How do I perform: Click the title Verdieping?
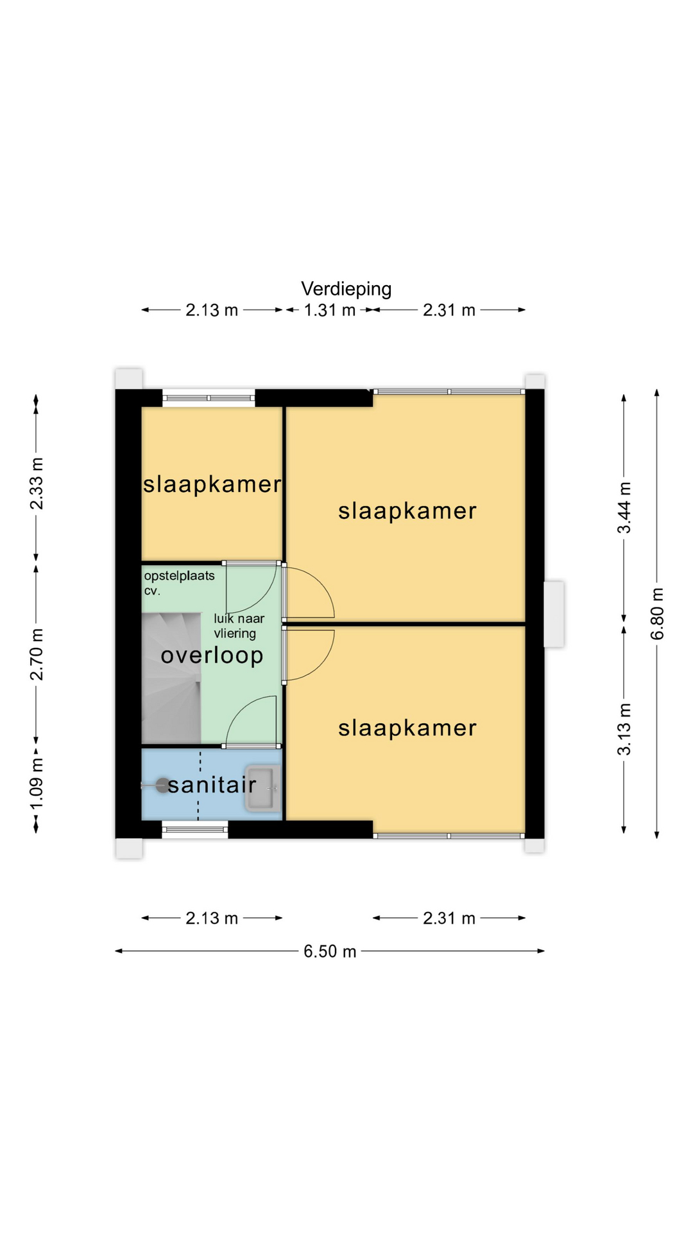pyautogui.click(x=346, y=289)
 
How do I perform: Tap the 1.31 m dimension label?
pyautogui.click(x=330, y=310)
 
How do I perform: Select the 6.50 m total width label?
pyautogui.click(x=330, y=951)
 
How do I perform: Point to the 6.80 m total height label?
pyautogui.click(x=657, y=614)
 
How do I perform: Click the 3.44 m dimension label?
pyautogui.click(x=624, y=507)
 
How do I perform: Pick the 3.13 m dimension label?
pyautogui.click(x=624, y=730)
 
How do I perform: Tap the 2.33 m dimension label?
pyautogui.click(x=37, y=484)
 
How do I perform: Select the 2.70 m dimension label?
pyautogui.click(x=37, y=654)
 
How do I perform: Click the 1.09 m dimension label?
pyautogui.click(x=37, y=785)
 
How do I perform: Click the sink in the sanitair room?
pyautogui.click(x=263, y=789)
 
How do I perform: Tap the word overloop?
pyautogui.click(x=212, y=656)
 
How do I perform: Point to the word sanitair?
pyautogui.click(x=212, y=784)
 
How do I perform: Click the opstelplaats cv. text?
pyautogui.click(x=179, y=583)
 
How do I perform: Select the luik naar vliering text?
pyautogui.click(x=239, y=626)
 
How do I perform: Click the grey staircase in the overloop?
pyautogui.click(x=171, y=678)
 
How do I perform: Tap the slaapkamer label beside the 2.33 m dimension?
pyautogui.click(x=212, y=484)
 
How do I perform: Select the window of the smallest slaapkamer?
pyautogui.click(x=209, y=398)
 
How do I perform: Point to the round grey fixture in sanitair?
pyautogui.click(x=163, y=785)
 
